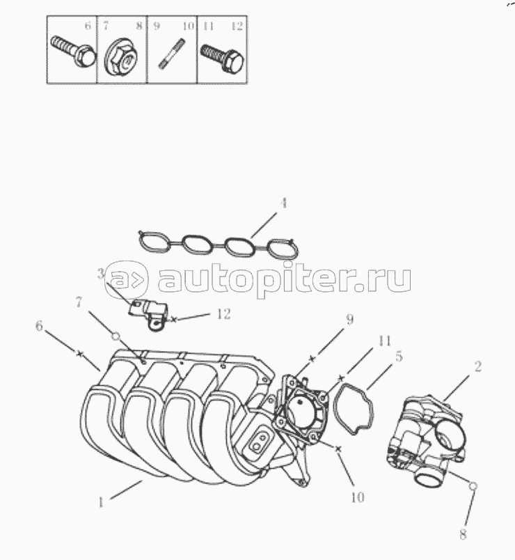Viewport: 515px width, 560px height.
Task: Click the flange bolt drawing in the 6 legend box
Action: tap(73, 52)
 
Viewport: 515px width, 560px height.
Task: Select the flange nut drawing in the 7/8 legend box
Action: tap(120, 58)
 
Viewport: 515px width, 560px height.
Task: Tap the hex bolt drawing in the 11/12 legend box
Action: tap(222, 57)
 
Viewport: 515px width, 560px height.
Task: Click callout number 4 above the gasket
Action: tap(283, 203)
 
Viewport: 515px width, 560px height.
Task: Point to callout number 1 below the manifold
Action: tap(101, 503)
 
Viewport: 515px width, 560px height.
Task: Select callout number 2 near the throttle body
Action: tap(478, 366)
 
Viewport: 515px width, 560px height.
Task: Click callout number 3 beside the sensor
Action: tap(101, 274)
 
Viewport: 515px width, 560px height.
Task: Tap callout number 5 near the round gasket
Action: tap(399, 356)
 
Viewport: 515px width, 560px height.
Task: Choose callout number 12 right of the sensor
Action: tap(224, 314)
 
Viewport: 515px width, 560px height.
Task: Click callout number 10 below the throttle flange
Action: tap(358, 497)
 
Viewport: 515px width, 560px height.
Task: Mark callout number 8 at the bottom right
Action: tap(463, 535)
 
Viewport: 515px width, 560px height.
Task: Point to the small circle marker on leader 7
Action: tap(116, 337)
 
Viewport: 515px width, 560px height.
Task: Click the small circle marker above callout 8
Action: tap(473, 485)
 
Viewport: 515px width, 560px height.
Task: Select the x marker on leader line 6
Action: tap(80, 354)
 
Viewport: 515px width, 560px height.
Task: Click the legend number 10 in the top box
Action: tap(189, 26)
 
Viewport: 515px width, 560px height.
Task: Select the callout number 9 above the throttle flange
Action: tap(350, 319)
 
